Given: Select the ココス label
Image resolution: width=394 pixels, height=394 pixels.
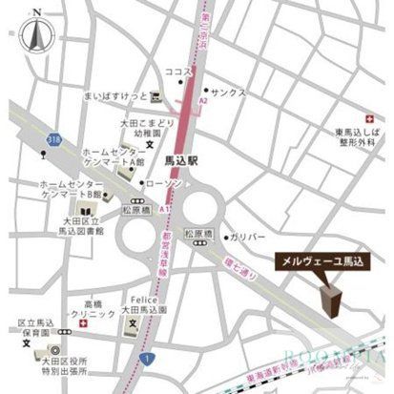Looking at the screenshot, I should [178, 72].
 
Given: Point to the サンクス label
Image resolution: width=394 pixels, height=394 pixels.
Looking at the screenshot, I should [230, 93].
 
